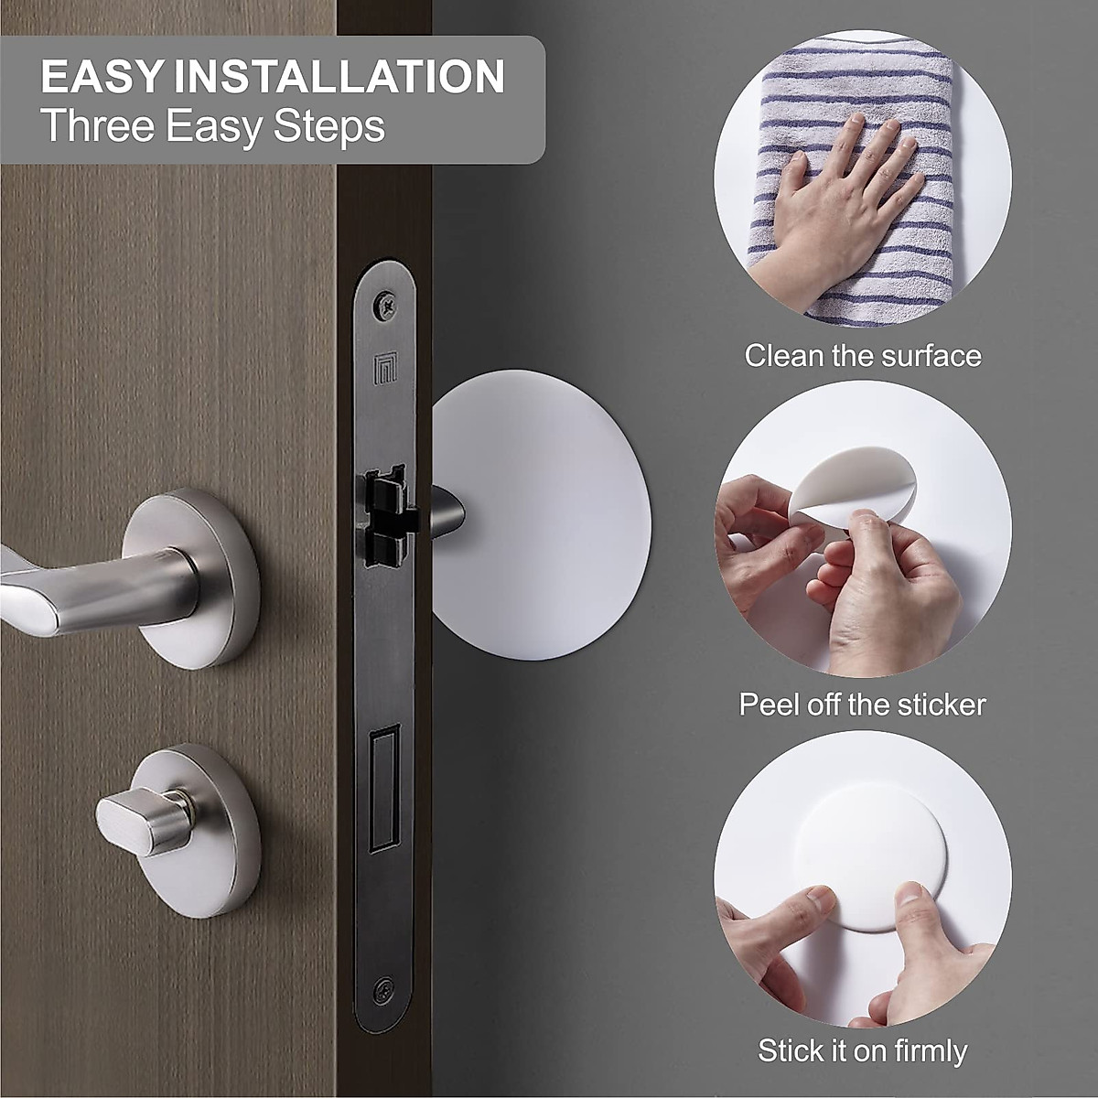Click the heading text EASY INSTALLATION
pos(272,77)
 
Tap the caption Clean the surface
pos(862,355)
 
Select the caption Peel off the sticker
pos(862,705)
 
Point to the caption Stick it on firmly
pos(862,1050)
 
